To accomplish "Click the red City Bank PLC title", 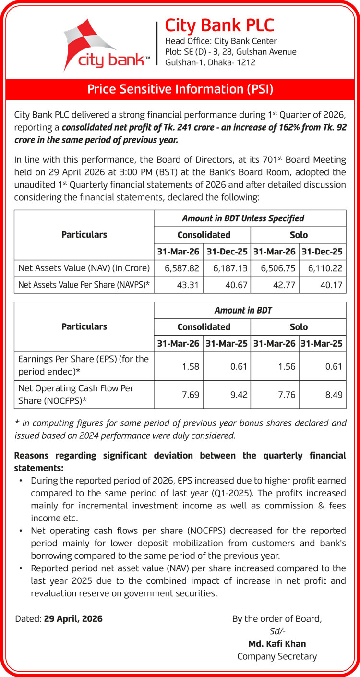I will pyautogui.click(x=219, y=24).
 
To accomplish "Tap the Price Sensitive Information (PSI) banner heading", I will pyautogui.click(x=180, y=89).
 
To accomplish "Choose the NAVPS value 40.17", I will pyautogui.click(x=333, y=285).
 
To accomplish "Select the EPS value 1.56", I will pyautogui.click(x=287, y=367).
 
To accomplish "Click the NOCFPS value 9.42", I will pyautogui.click(x=238, y=395).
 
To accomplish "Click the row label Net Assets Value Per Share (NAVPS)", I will pyautogui.click(x=84, y=285).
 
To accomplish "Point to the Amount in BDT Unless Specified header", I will pyautogui.click(x=250, y=218).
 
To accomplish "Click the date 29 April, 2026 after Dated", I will pyautogui.click(x=73, y=619).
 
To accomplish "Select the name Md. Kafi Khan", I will pyautogui.click(x=277, y=644).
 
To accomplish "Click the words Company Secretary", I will pyautogui.click(x=277, y=656).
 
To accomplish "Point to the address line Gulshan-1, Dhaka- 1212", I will pyautogui.click(x=210, y=62).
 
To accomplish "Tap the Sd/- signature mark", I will pyautogui.click(x=277, y=631).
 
